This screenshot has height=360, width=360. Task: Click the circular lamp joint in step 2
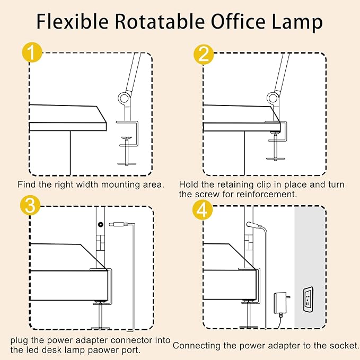pos(273,98)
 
